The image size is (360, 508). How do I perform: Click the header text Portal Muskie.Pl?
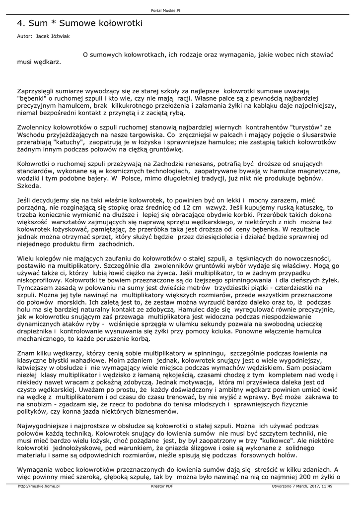[x=180, y=10]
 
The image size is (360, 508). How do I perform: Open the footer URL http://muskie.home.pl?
[x=39, y=486]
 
